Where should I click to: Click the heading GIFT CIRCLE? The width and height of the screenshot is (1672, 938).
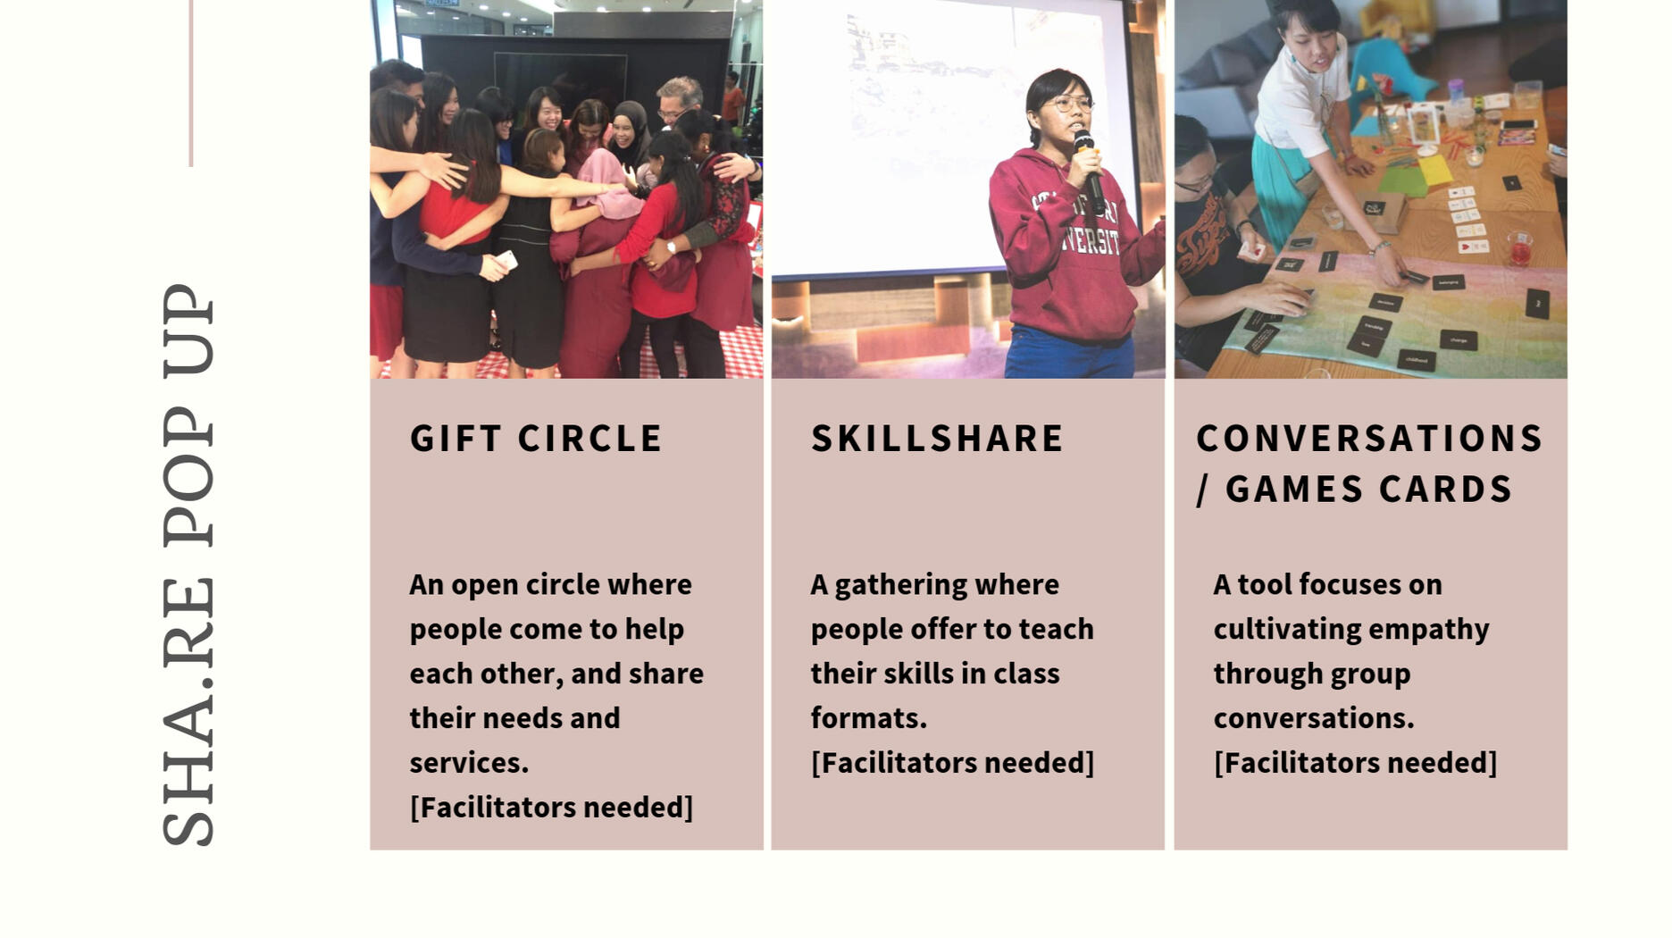coord(536,439)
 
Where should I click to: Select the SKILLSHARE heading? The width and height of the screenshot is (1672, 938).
coord(938,439)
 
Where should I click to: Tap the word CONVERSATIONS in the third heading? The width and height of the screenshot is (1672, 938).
coord(1370,439)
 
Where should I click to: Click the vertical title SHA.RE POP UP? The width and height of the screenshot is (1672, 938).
coord(188,565)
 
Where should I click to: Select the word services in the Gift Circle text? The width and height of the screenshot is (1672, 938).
coord(469,763)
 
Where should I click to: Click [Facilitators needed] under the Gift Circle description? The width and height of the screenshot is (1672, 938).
coord(551,808)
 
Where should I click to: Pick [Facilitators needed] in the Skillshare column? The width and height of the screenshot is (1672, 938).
coord(952,763)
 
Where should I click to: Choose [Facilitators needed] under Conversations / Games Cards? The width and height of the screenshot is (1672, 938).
coord(1355,763)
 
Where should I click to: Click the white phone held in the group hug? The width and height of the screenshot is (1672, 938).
coord(506,260)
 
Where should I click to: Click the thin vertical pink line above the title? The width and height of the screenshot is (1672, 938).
coord(191,83)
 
